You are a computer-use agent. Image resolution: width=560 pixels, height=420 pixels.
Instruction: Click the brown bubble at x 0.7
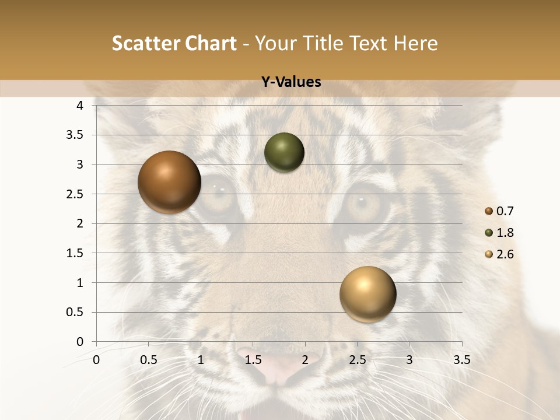170,182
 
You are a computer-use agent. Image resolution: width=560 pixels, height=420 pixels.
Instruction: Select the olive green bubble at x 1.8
284,153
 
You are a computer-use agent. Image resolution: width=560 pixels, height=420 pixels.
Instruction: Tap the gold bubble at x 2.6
367,294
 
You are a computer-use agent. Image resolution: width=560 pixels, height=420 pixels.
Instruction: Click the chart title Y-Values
291,82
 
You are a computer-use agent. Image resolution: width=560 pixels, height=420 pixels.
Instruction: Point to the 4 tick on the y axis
80,106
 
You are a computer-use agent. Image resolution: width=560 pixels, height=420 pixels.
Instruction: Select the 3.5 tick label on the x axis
461,360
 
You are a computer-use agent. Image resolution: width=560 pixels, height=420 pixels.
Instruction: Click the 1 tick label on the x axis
201,360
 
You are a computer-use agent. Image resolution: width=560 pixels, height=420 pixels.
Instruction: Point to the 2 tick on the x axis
305,360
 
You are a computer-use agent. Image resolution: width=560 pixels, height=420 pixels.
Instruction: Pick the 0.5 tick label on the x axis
148,360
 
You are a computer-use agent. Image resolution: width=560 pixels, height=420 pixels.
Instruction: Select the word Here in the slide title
415,44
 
